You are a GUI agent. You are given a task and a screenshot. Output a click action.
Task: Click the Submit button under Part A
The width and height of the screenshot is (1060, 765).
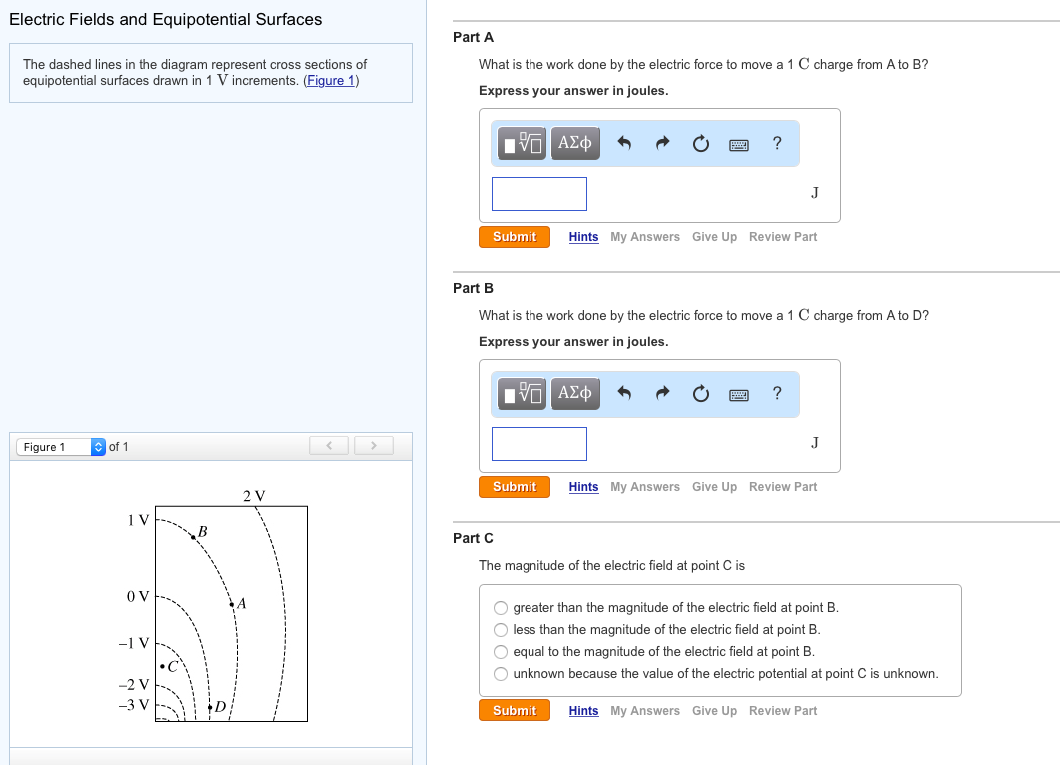coord(515,237)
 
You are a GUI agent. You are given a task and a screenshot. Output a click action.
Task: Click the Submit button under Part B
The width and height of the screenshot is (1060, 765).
coord(515,487)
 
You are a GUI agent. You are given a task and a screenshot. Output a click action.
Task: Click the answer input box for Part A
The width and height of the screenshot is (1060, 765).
coord(539,194)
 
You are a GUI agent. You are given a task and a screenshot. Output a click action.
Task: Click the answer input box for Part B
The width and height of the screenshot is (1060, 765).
coord(539,444)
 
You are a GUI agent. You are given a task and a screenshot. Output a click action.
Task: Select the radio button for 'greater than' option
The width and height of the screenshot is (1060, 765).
coord(501,607)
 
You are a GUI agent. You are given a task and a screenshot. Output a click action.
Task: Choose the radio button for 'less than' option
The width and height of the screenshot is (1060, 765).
coord(501,629)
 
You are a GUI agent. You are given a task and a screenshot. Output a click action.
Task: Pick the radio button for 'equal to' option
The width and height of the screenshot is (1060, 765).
coord(501,651)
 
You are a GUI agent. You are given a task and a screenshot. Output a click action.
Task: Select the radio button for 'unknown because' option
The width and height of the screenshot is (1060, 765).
coord(501,673)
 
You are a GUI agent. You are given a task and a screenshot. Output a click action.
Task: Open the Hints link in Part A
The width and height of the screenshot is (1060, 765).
coord(583,237)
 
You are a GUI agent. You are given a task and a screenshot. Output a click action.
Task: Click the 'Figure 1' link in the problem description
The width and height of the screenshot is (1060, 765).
coord(331,81)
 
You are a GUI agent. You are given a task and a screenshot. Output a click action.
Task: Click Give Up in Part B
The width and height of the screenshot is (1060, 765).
coord(714,487)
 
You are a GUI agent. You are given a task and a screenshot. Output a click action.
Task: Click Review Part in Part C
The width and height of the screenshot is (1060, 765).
coord(782,711)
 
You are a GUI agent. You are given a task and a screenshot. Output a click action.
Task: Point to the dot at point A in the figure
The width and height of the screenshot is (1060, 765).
coord(232,604)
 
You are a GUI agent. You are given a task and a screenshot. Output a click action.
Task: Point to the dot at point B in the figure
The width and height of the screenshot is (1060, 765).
coord(193,538)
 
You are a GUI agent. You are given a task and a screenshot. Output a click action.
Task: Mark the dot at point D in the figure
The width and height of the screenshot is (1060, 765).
coord(210,707)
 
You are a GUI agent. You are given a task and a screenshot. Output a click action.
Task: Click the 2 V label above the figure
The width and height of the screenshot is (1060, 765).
coord(254,495)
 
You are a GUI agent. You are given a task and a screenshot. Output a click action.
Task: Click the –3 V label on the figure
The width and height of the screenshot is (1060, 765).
coord(133,704)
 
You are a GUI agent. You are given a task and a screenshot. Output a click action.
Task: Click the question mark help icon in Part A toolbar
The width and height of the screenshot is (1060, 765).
coord(777,143)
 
